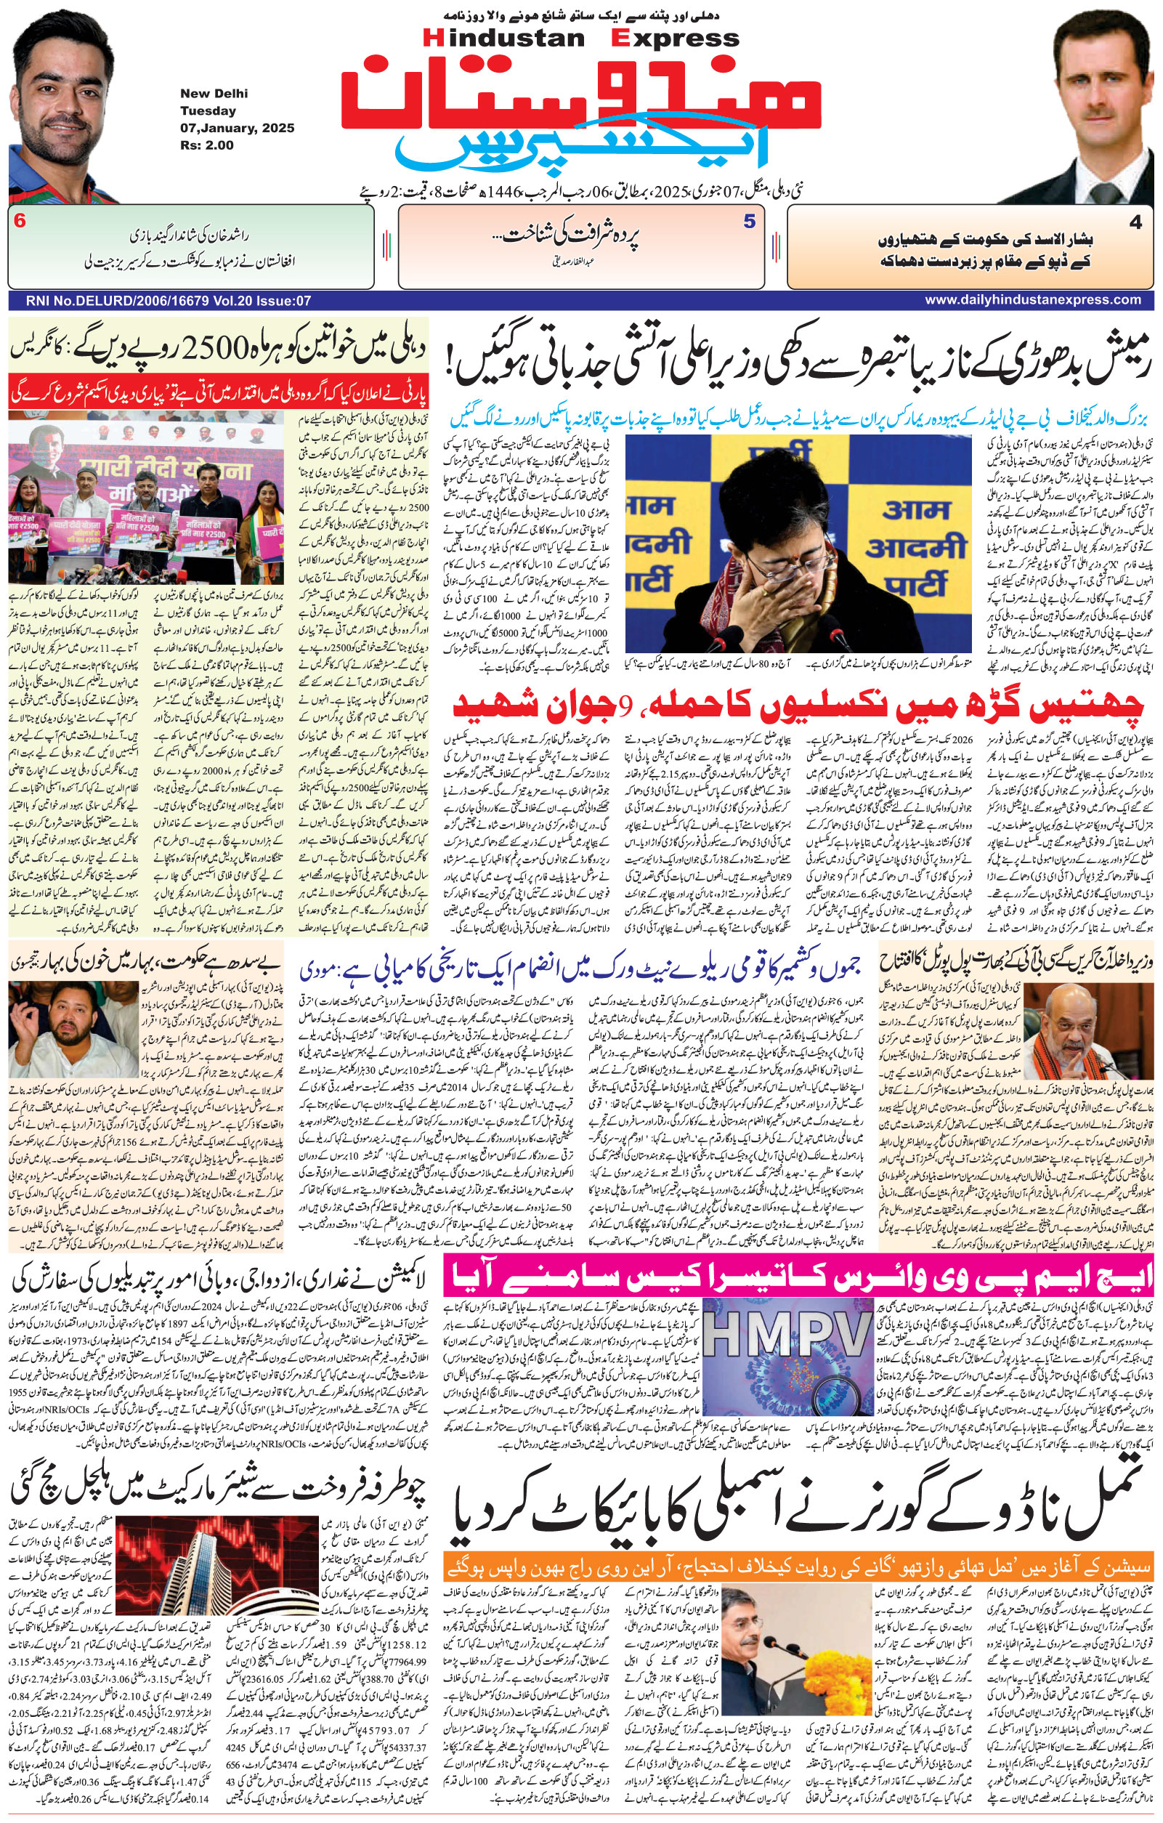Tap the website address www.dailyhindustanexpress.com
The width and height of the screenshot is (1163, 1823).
1033,300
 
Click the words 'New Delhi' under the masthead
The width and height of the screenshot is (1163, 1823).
214,94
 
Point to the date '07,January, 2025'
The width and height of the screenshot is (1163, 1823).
237,128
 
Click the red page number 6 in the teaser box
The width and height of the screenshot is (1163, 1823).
20,222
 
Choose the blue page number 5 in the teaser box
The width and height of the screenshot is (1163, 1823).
749,222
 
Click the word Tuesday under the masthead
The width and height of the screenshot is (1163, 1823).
208,110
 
